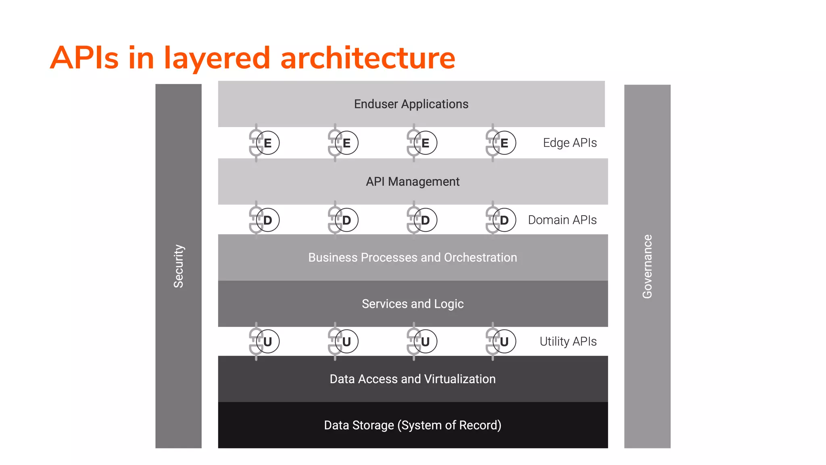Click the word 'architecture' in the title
367,58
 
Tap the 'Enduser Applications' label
411,104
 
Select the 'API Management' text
413,182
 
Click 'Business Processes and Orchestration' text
413,258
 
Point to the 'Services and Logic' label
413,304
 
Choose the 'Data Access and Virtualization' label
413,379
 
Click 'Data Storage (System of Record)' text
413,425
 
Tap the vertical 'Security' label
178,266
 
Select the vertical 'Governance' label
647,266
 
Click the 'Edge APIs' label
569,143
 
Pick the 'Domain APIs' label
562,220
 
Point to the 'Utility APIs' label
568,341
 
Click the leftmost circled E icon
267,143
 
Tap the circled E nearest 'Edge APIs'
504,143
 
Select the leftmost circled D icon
267,220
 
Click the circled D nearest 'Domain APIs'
504,220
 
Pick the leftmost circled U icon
267,341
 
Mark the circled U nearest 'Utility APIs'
504,341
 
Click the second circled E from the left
346,143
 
